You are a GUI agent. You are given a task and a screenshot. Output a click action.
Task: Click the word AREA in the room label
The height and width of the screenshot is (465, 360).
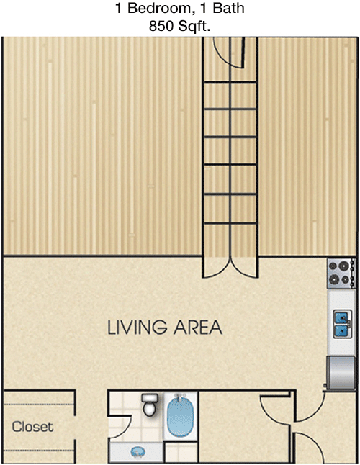[x=197, y=328]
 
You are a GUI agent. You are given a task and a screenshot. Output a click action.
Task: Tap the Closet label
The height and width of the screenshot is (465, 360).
[x=32, y=427]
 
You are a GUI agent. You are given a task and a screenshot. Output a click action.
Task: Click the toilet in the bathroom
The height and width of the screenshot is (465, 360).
[x=149, y=405]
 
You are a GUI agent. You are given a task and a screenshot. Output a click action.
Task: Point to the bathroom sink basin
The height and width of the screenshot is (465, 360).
[x=138, y=452]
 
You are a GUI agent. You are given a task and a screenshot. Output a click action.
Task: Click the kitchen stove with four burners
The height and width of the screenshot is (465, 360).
[x=341, y=273]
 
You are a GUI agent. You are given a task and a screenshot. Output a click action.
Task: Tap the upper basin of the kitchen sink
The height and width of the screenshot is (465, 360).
[x=341, y=317]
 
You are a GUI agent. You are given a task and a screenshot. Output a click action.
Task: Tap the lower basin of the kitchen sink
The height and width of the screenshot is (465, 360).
[x=341, y=330]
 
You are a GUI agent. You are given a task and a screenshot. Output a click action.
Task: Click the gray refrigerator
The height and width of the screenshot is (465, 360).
[x=341, y=373]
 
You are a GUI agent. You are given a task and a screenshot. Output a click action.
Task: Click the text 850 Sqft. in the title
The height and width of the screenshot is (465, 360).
[x=180, y=26]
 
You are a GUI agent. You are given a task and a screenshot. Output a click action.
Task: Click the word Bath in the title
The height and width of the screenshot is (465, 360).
[x=228, y=8]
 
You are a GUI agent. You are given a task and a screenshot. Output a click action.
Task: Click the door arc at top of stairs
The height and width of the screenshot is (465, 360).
[x=222, y=56]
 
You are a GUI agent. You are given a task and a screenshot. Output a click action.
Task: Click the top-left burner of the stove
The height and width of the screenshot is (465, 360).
[x=333, y=266]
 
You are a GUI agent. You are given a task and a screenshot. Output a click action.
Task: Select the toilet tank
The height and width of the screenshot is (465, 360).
[x=149, y=397]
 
